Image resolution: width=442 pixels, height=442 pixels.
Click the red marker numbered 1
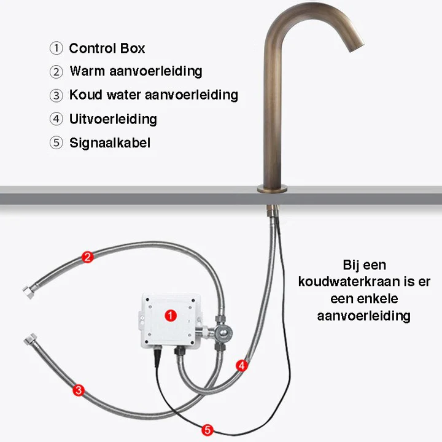coord(171,316)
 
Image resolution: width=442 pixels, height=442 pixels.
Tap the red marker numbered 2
coord(87,257)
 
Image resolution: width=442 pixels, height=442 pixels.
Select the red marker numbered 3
coord(79,390)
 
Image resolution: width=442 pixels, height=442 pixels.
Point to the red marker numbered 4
coord(242,366)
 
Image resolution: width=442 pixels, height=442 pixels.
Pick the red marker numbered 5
coord(207,430)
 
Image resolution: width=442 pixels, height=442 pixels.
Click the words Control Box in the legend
coord(107,48)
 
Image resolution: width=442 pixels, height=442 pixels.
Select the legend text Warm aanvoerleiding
coord(136,71)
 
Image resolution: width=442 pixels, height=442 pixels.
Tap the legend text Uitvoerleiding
coord(113,119)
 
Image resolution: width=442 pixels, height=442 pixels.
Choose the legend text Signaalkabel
coord(110,142)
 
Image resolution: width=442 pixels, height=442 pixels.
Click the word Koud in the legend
coord(86,95)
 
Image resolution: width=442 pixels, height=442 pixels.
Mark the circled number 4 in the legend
coord(56,119)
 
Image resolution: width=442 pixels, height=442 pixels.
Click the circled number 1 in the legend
coord(56,48)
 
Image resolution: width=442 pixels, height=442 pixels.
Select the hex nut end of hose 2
coord(28,292)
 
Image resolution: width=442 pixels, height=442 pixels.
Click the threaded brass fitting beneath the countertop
coord(273,211)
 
